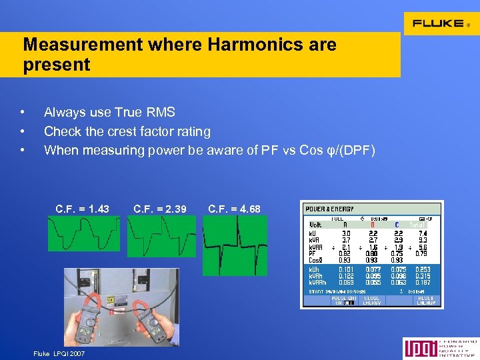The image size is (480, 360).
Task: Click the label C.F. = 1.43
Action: click(x=83, y=209)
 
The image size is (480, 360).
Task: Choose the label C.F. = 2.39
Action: click(x=160, y=209)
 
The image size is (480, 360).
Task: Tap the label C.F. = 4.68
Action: click(x=235, y=209)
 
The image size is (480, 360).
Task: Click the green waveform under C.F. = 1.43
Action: click(x=84, y=233)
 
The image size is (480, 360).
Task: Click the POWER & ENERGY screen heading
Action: click(x=330, y=209)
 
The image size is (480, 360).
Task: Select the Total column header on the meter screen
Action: click(x=419, y=225)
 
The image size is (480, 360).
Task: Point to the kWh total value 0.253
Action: click(x=422, y=269)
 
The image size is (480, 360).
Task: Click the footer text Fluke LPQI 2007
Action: click(x=59, y=353)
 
